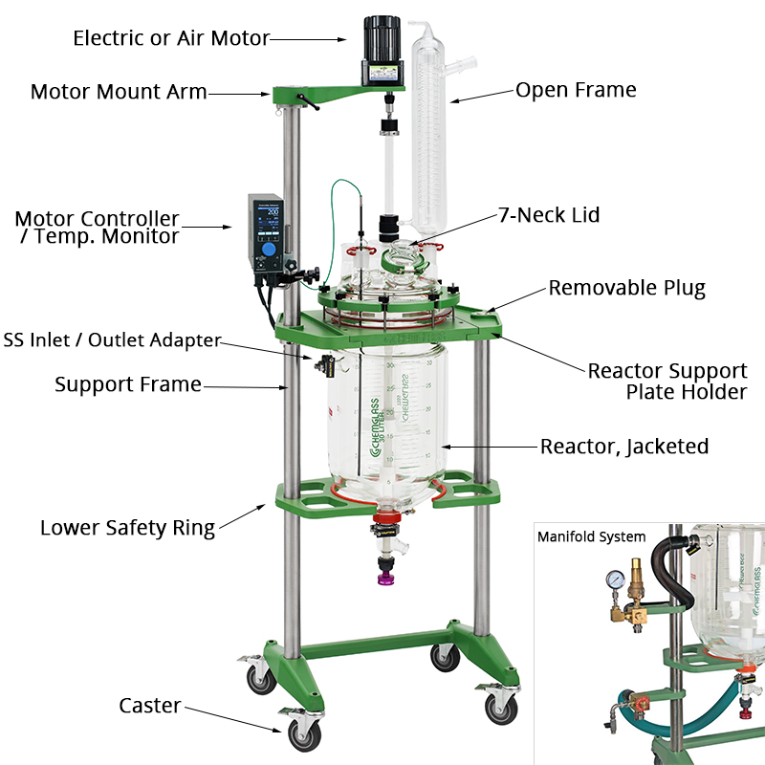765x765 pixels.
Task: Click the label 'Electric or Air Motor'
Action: pyautogui.click(x=171, y=38)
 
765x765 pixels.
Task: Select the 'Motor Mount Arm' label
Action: pyautogui.click(x=119, y=92)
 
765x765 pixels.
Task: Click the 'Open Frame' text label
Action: pyautogui.click(x=576, y=90)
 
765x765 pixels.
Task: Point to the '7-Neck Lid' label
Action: pyautogui.click(x=548, y=215)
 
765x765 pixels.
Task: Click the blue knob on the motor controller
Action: pyautogui.click(x=270, y=249)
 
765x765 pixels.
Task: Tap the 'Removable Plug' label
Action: pyautogui.click(x=626, y=288)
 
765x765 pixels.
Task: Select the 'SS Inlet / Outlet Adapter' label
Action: pyautogui.click(x=112, y=340)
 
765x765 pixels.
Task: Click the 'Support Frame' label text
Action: pyautogui.click(x=128, y=384)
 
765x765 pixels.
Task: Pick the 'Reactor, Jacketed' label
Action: pyautogui.click(x=623, y=446)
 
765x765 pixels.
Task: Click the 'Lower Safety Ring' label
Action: pyautogui.click(x=127, y=527)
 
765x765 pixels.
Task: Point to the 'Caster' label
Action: pyautogui.click(x=150, y=706)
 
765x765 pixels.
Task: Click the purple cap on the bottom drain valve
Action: pyautogui.click(x=387, y=577)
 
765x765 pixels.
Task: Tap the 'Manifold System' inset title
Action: pyautogui.click(x=591, y=536)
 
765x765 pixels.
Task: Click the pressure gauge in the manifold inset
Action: pyautogui.click(x=613, y=579)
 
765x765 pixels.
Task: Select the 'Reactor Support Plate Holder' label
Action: pyautogui.click(x=667, y=381)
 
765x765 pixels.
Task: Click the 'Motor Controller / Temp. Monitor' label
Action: pyautogui.click(x=97, y=228)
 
